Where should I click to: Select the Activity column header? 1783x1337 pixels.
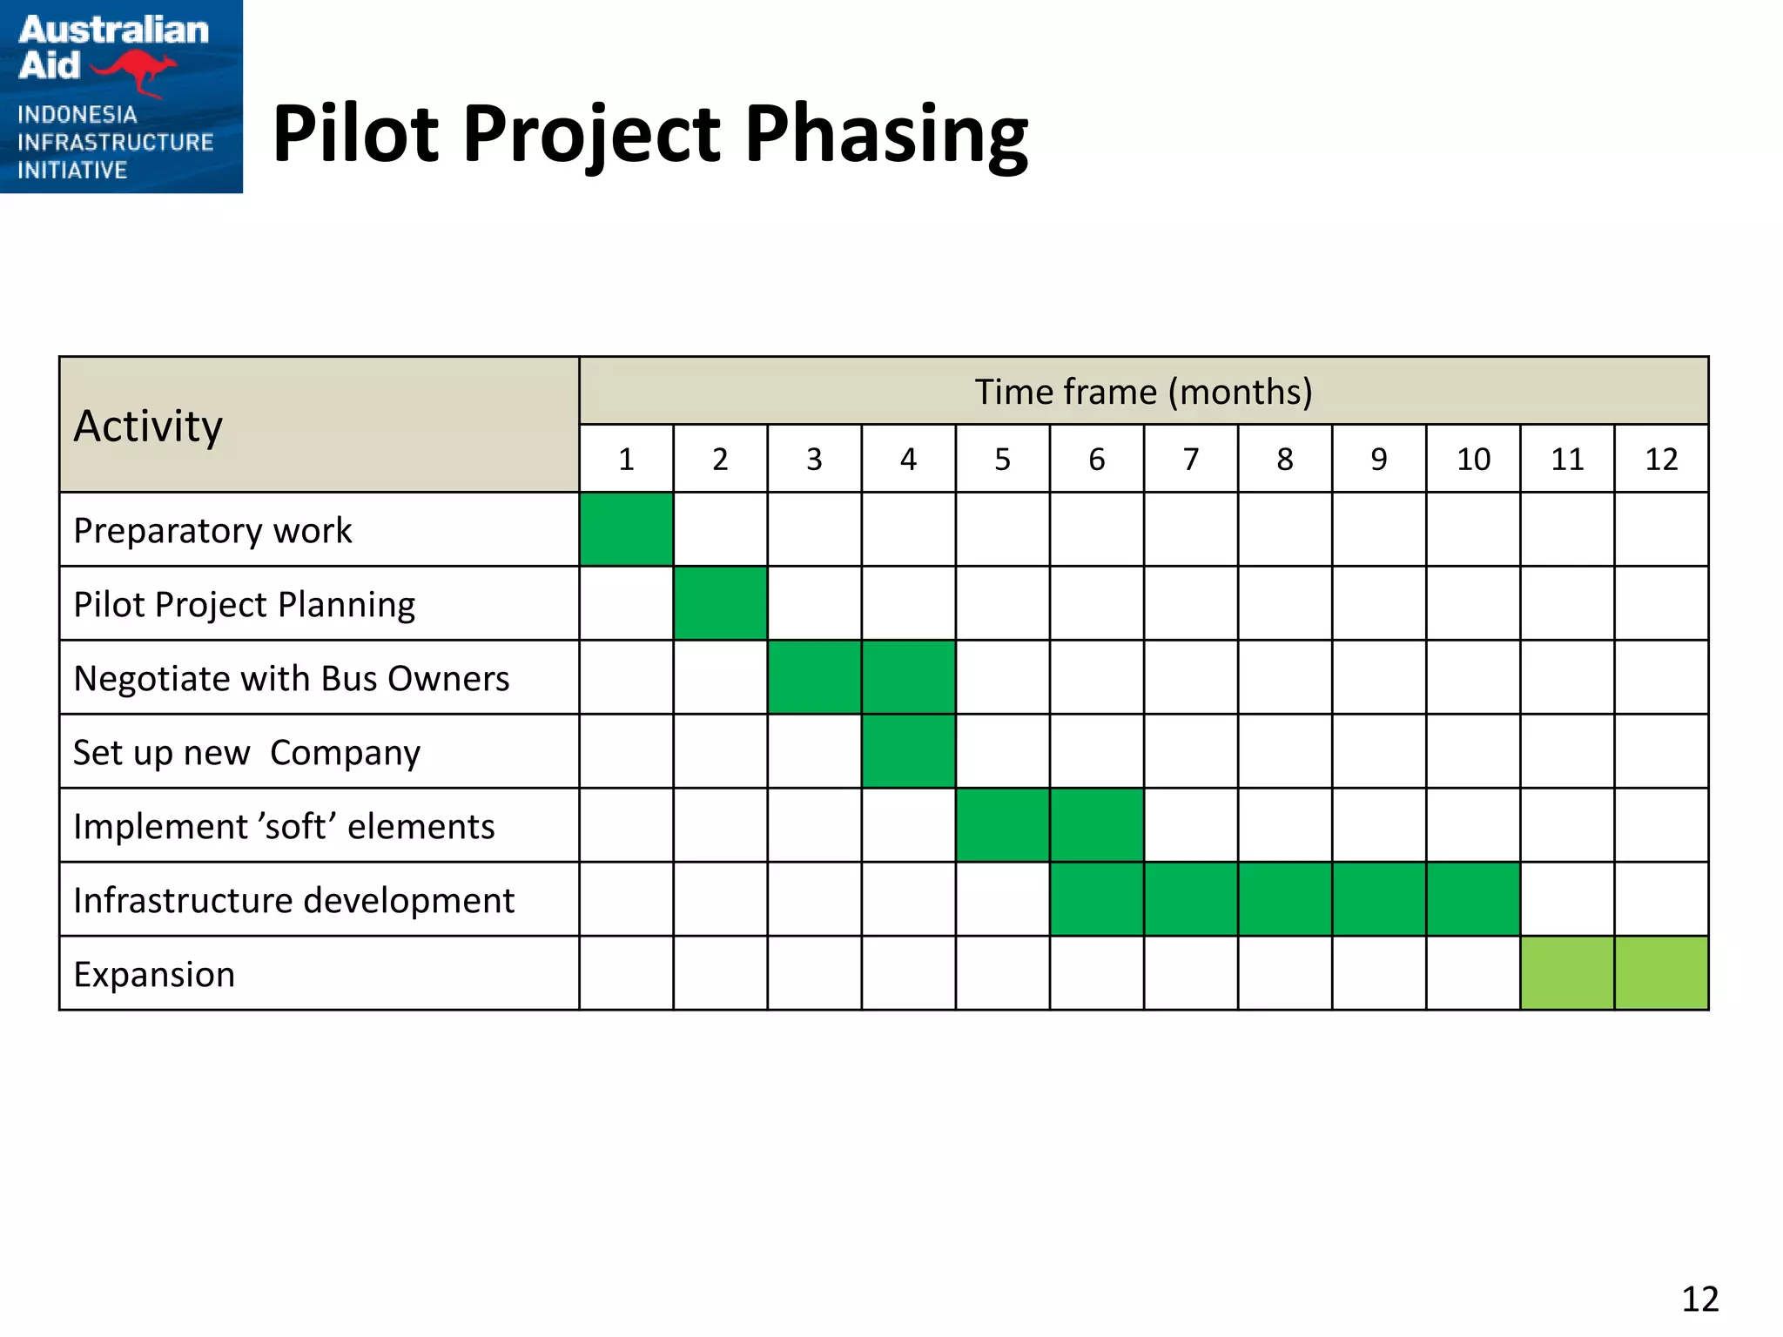(148, 426)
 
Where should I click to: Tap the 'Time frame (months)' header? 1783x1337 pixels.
(1143, 392)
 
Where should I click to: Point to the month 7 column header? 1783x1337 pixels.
(1190, 459)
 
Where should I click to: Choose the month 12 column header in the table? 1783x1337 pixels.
(1661, 459)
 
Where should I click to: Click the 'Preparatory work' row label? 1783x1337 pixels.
(212, 530)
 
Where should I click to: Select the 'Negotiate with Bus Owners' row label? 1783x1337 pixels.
(291, 678)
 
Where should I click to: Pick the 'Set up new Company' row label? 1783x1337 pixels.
(246, 752)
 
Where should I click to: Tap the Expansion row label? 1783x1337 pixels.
(154, 974)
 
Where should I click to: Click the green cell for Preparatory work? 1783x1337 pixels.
(626, 529)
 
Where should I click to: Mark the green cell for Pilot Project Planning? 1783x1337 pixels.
(720, 603)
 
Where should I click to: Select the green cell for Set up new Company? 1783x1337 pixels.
(908, 751)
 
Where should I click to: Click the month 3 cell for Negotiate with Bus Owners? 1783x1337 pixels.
(814, 677)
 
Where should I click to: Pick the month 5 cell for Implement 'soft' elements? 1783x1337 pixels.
(1002, 825)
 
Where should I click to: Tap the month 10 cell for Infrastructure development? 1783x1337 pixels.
(1473, 899)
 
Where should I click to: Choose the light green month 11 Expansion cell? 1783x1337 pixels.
(1567, 973)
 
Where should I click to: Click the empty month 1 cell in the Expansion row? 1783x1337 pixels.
(626, 973)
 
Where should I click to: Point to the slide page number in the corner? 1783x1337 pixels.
(1699, 1299)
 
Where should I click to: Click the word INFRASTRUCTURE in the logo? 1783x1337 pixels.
(115, 142)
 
